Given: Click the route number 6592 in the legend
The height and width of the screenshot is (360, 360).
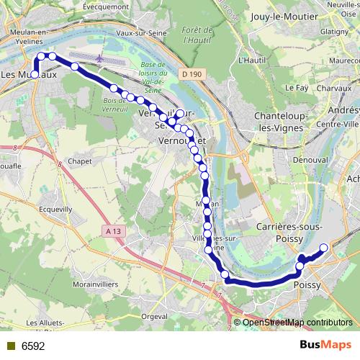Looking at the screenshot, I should tap(32, 346).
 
